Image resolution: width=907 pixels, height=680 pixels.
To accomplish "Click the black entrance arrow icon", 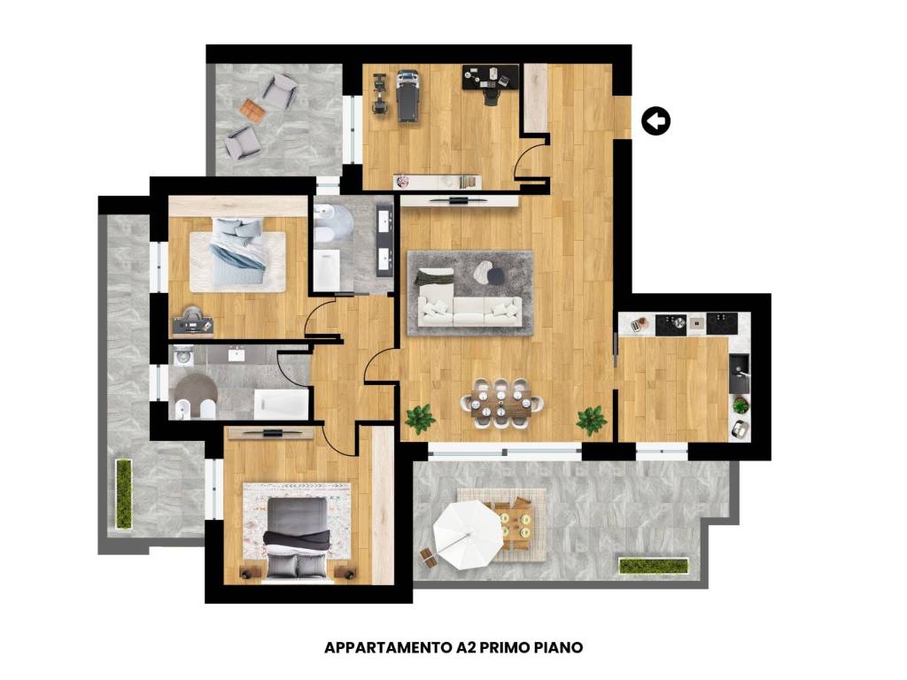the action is pyautogui.click(x=656, y=120).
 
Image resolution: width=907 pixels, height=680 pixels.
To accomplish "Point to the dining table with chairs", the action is pyautogui.click(x=501, y=403).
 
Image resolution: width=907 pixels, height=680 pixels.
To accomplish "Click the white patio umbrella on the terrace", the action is pyautogui.click(x=468, y=534).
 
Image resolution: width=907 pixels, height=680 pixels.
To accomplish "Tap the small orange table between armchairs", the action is pyautogui.click(x=252, y=111).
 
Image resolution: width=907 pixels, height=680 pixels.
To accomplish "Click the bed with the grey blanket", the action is pyautogui.click(x=297, y=537).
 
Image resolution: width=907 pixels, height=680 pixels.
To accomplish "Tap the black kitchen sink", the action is pyautogui.click(x=739, y=373).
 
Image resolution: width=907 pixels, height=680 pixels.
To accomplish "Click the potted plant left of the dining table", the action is pyautogui.click(x=420, y=418).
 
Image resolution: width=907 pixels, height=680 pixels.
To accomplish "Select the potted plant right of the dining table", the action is pyautogui.click(x=591, y=420).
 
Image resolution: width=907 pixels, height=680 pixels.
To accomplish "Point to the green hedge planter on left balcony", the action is pyautogui.click(x=124, y=494).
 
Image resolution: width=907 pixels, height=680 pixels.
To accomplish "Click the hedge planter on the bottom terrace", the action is pyautogui.click(x=654, y=566).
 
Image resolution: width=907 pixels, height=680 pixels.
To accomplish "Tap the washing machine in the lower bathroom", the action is pyautogui.click(x=184, y=355).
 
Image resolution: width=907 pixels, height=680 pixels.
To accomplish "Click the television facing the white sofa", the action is pyautogui.click(x=459, y=199).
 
